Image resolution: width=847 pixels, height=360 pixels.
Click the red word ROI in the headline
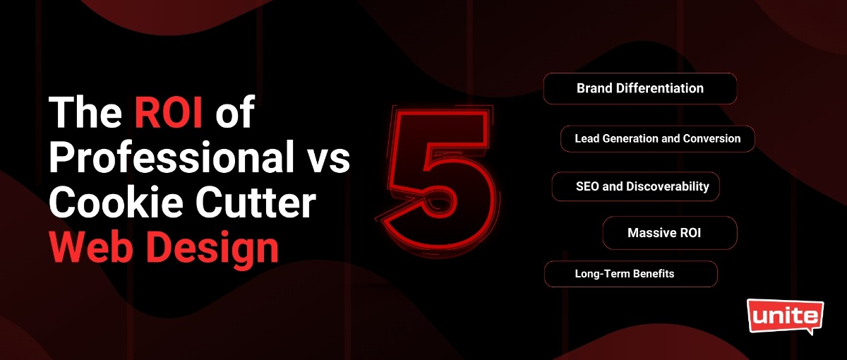(x=168, y=112)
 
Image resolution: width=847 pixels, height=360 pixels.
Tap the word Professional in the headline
(x=172, y=157)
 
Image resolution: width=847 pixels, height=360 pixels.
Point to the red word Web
(x=94, y=247)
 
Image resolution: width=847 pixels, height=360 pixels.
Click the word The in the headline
(x=85, y=112)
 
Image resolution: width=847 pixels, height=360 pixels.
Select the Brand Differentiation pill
(x=640, y=88)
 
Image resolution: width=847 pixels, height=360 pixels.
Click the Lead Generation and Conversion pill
(x=658, y=139)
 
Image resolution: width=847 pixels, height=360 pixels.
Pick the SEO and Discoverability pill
(x=636, y=186)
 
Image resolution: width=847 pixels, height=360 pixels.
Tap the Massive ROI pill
(x=670, y=233)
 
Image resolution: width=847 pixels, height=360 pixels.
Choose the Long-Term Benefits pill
(x=631, y=274)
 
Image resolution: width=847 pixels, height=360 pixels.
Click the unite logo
(x=786, y=316)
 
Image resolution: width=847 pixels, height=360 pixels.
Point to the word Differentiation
(x=660, y=88)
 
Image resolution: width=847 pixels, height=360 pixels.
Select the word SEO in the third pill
(x=587, y=186)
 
